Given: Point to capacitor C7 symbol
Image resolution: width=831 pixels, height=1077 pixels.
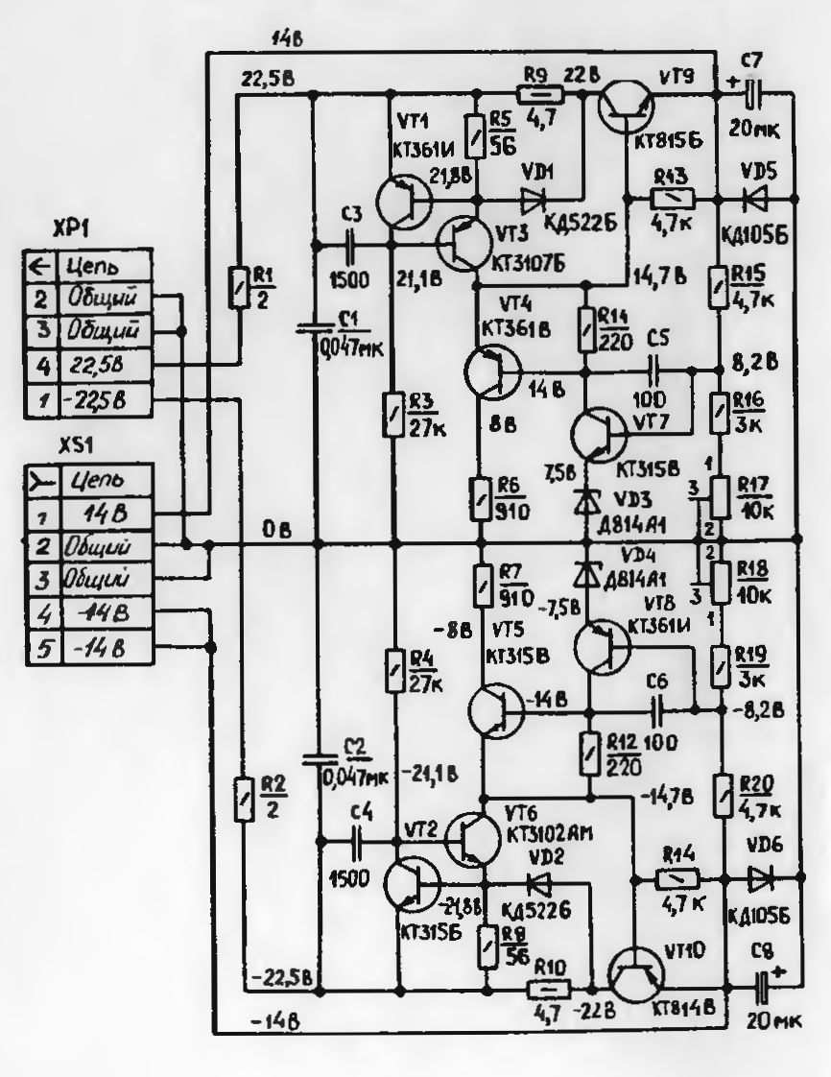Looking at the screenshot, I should tap(751, 93).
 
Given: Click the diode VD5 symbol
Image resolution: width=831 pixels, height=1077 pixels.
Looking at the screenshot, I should tap(755, 200).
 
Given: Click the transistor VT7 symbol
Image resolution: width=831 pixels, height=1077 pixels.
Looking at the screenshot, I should tap(599, 435).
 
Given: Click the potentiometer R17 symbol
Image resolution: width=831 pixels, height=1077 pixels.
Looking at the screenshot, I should tap(721, 492).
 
